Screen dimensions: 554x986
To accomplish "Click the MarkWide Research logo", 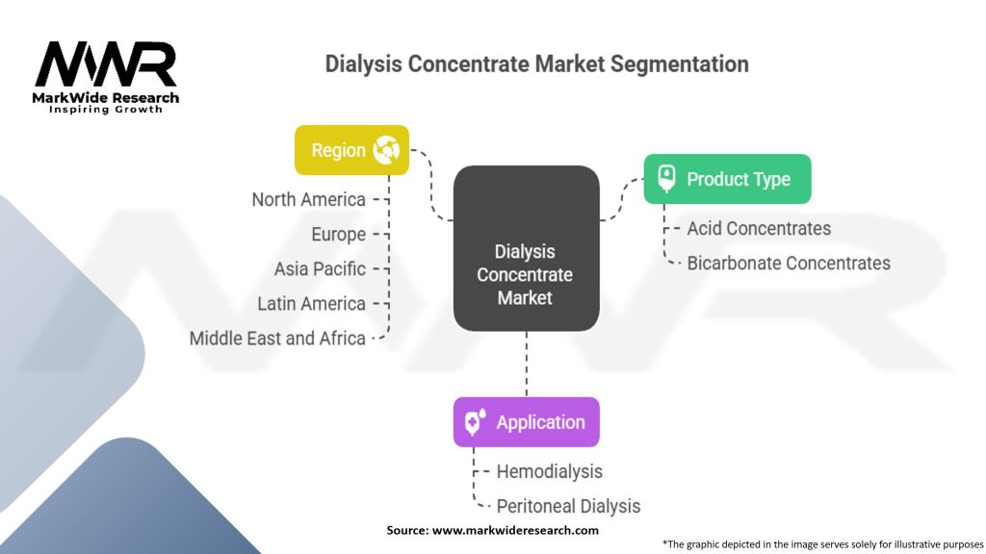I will point(106,77).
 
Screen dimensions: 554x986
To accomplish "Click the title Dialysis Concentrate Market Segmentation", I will point(536,64).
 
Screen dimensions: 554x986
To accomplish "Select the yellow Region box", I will point(351,150).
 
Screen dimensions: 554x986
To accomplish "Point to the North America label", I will point(308,200).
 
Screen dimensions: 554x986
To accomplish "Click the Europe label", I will point(338,235).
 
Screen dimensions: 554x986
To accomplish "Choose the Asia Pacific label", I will point(320,269).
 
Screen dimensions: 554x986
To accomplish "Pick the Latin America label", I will point(311,304).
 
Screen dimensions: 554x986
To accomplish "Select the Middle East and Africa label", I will point(277,339).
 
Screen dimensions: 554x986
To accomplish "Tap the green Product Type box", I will point(727,179).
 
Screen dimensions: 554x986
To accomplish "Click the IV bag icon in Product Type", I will point(665,179).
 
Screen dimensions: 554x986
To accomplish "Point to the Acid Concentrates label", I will point(759,229).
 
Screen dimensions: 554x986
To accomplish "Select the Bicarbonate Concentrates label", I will point(789,264).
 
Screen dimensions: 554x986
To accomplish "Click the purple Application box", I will point(526,422).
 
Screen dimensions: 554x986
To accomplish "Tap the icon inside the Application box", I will point(475,422).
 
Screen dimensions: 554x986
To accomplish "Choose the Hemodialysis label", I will point(549,471).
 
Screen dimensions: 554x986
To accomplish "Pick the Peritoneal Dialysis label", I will point(568,506).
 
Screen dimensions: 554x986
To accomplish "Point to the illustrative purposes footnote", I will point(823,543).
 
